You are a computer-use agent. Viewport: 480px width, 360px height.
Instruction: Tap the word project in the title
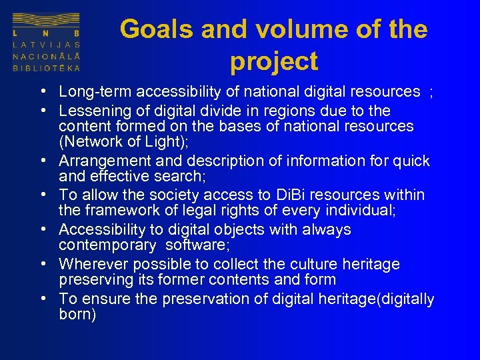click(x=274, y=61)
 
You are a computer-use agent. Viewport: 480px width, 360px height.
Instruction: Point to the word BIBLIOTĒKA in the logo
click(x=47, y=68)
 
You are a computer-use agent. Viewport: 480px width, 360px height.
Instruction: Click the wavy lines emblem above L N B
click(x=47, y=20)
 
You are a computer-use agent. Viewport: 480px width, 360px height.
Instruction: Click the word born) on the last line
click(x=77, y=315)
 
